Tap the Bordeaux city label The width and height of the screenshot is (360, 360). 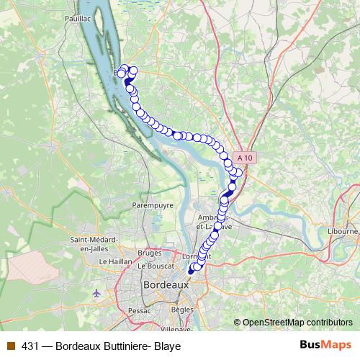pyautogui.click(x=166, y=285)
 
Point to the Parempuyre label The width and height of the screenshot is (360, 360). pyautogui.click(x=153, y=205)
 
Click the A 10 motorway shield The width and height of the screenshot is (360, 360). pyautogui.click(x=243, y=156)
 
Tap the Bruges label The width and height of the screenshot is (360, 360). pyautogui.click(x=149, y=253)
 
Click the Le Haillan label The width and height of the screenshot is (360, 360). pyautogui.click(x=113, y=261)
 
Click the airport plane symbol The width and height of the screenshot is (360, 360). pyautogui.click(x=97, y=293)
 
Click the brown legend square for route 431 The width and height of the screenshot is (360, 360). pyautogui.click(x=10, y=346)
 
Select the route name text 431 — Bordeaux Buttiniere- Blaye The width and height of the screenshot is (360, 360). pyautogui.click(x=101, y=346)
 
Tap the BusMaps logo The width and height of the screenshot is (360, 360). pyautogui.click(x=325, y=345)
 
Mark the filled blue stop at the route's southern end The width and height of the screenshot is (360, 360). pyautogui.click(x=191, y=271)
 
